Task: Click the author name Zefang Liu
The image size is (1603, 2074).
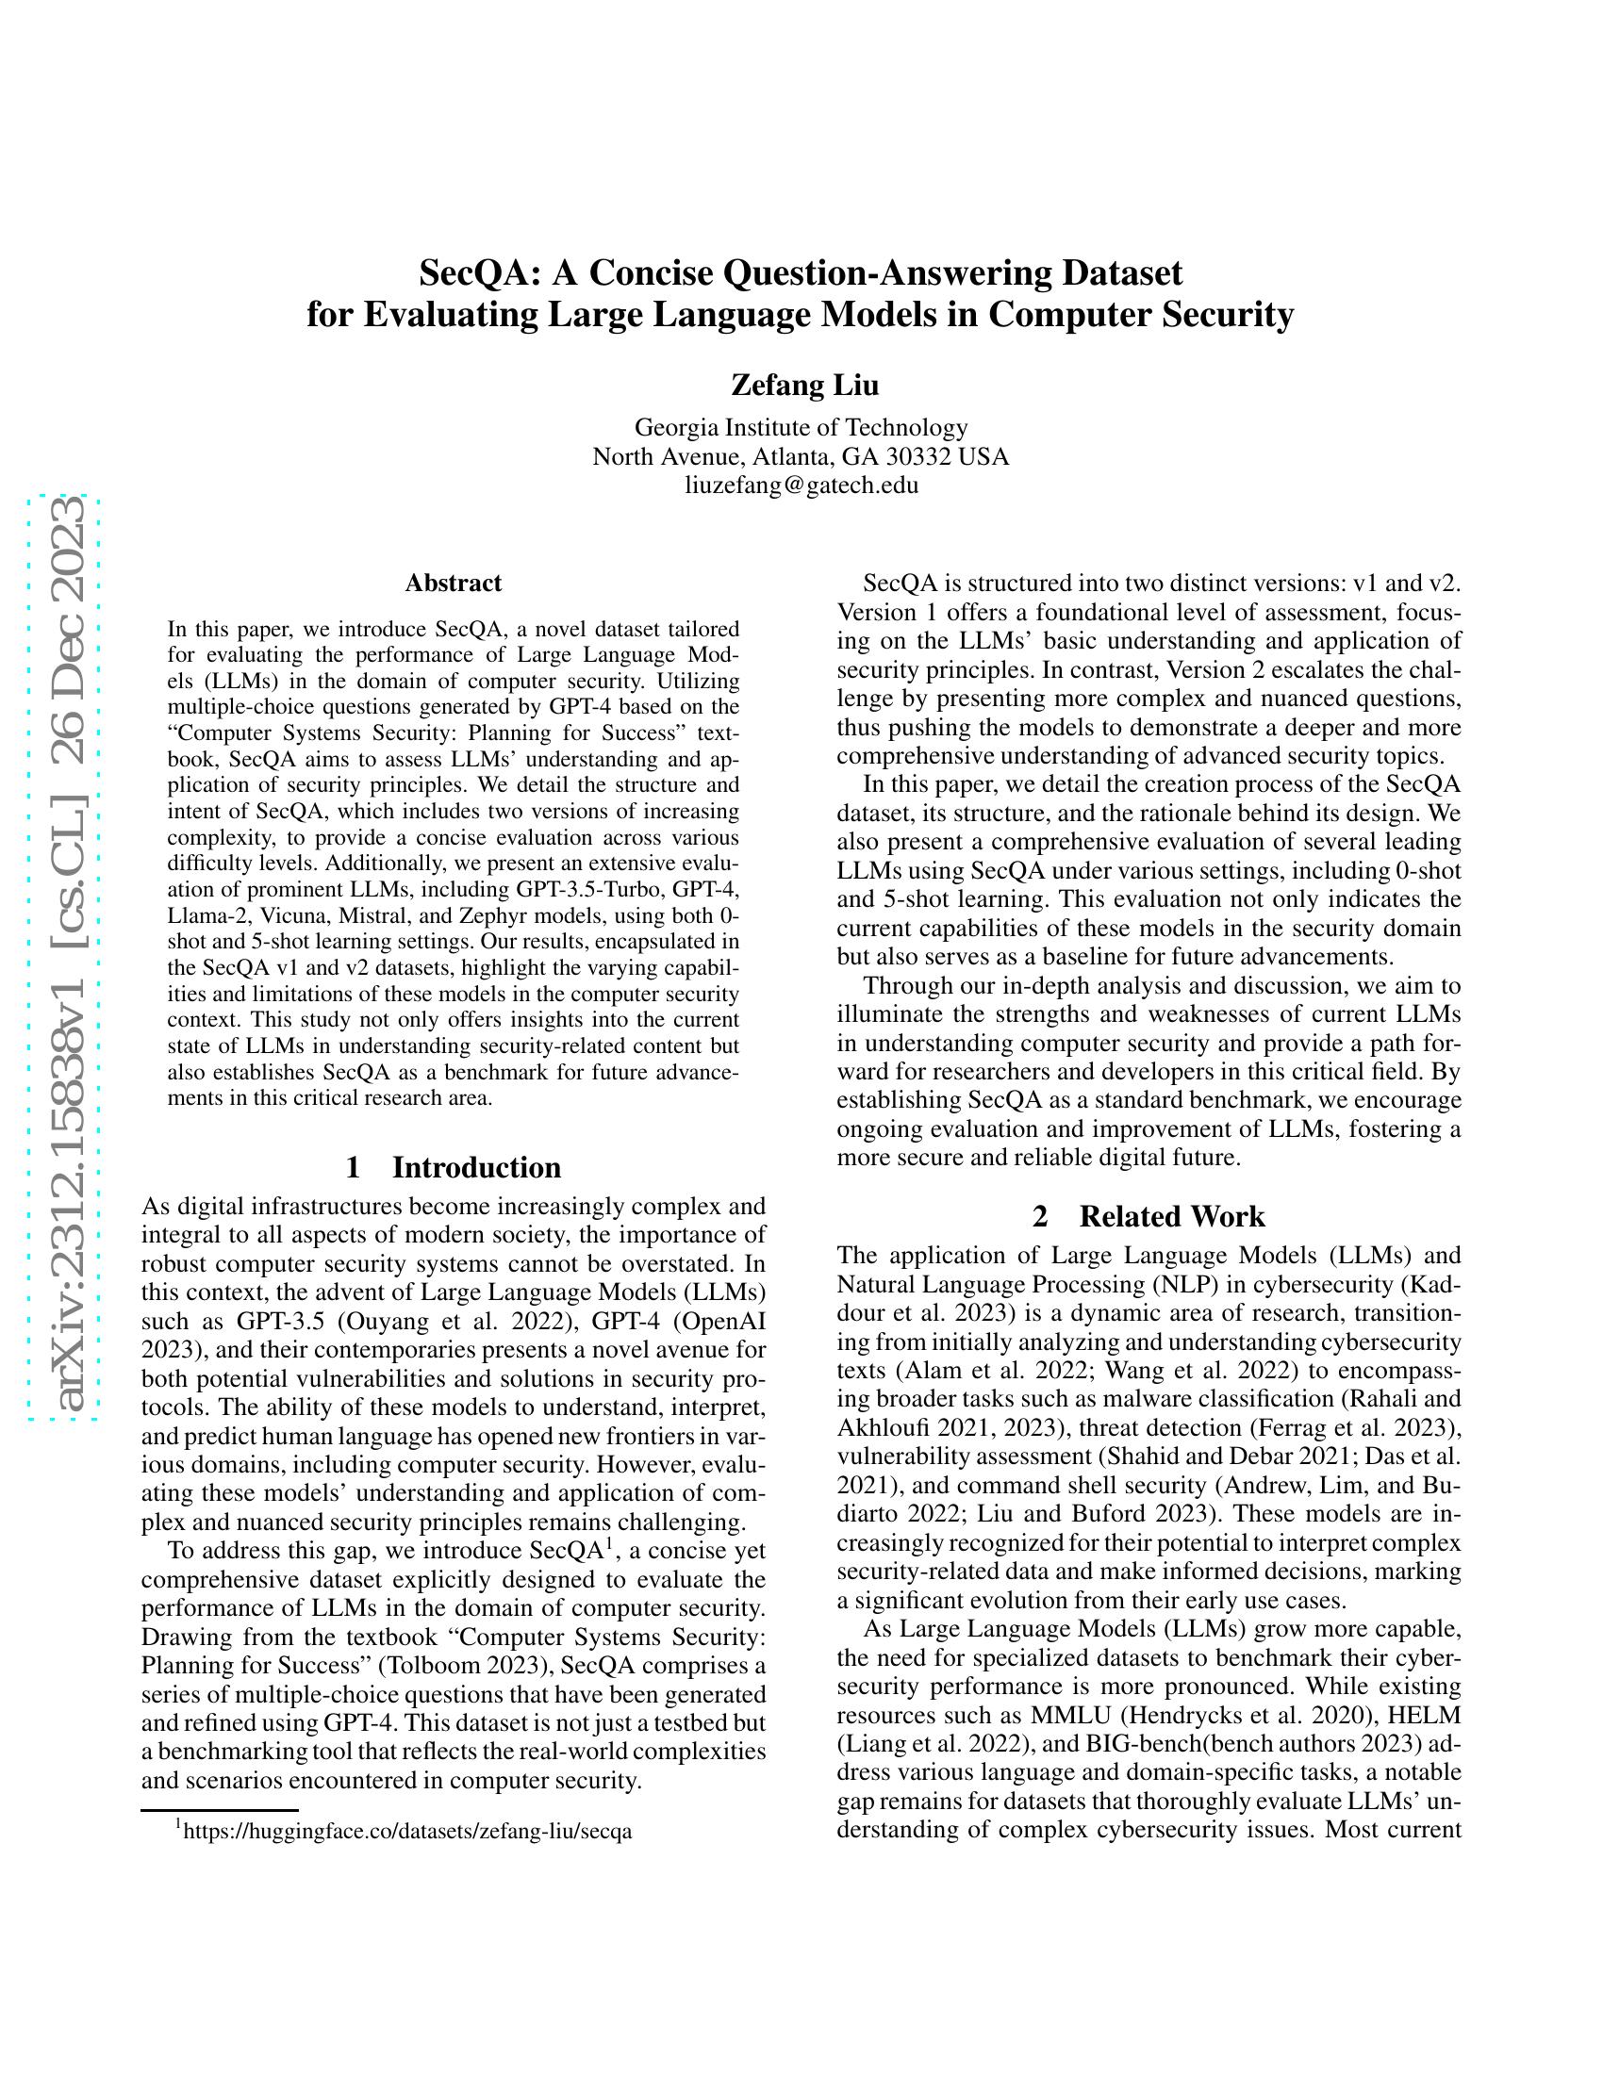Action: click(x=803, y=386)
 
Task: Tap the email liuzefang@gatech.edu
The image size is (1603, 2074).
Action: click(x=801, y=486)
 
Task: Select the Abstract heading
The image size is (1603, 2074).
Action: click(x=453, y=582)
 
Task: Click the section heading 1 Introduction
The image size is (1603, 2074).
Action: click(x=453, y=1167)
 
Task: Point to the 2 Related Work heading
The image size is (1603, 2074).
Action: click(x=1149, y=1216)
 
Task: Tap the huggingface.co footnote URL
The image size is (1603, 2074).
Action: click(x=406, y=1831)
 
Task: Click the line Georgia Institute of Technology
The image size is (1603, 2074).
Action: click(x=801, y=427)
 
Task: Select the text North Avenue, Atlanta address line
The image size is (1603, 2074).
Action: click(x=801, y=457)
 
